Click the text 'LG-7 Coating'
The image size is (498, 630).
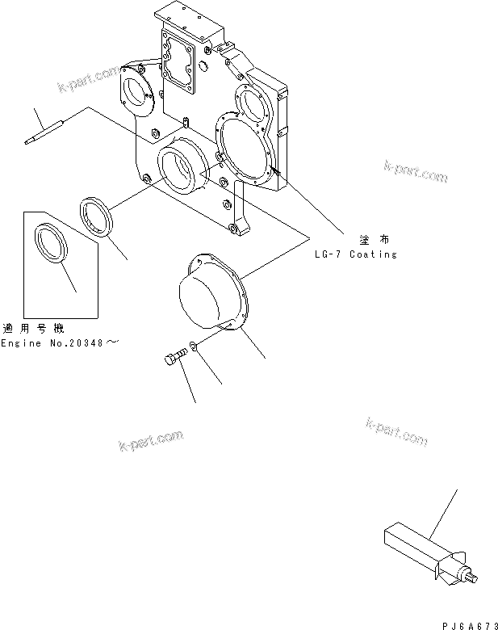(356, 254)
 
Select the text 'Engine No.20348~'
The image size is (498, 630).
(60, 343)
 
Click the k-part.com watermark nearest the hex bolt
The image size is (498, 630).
(150, 441)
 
